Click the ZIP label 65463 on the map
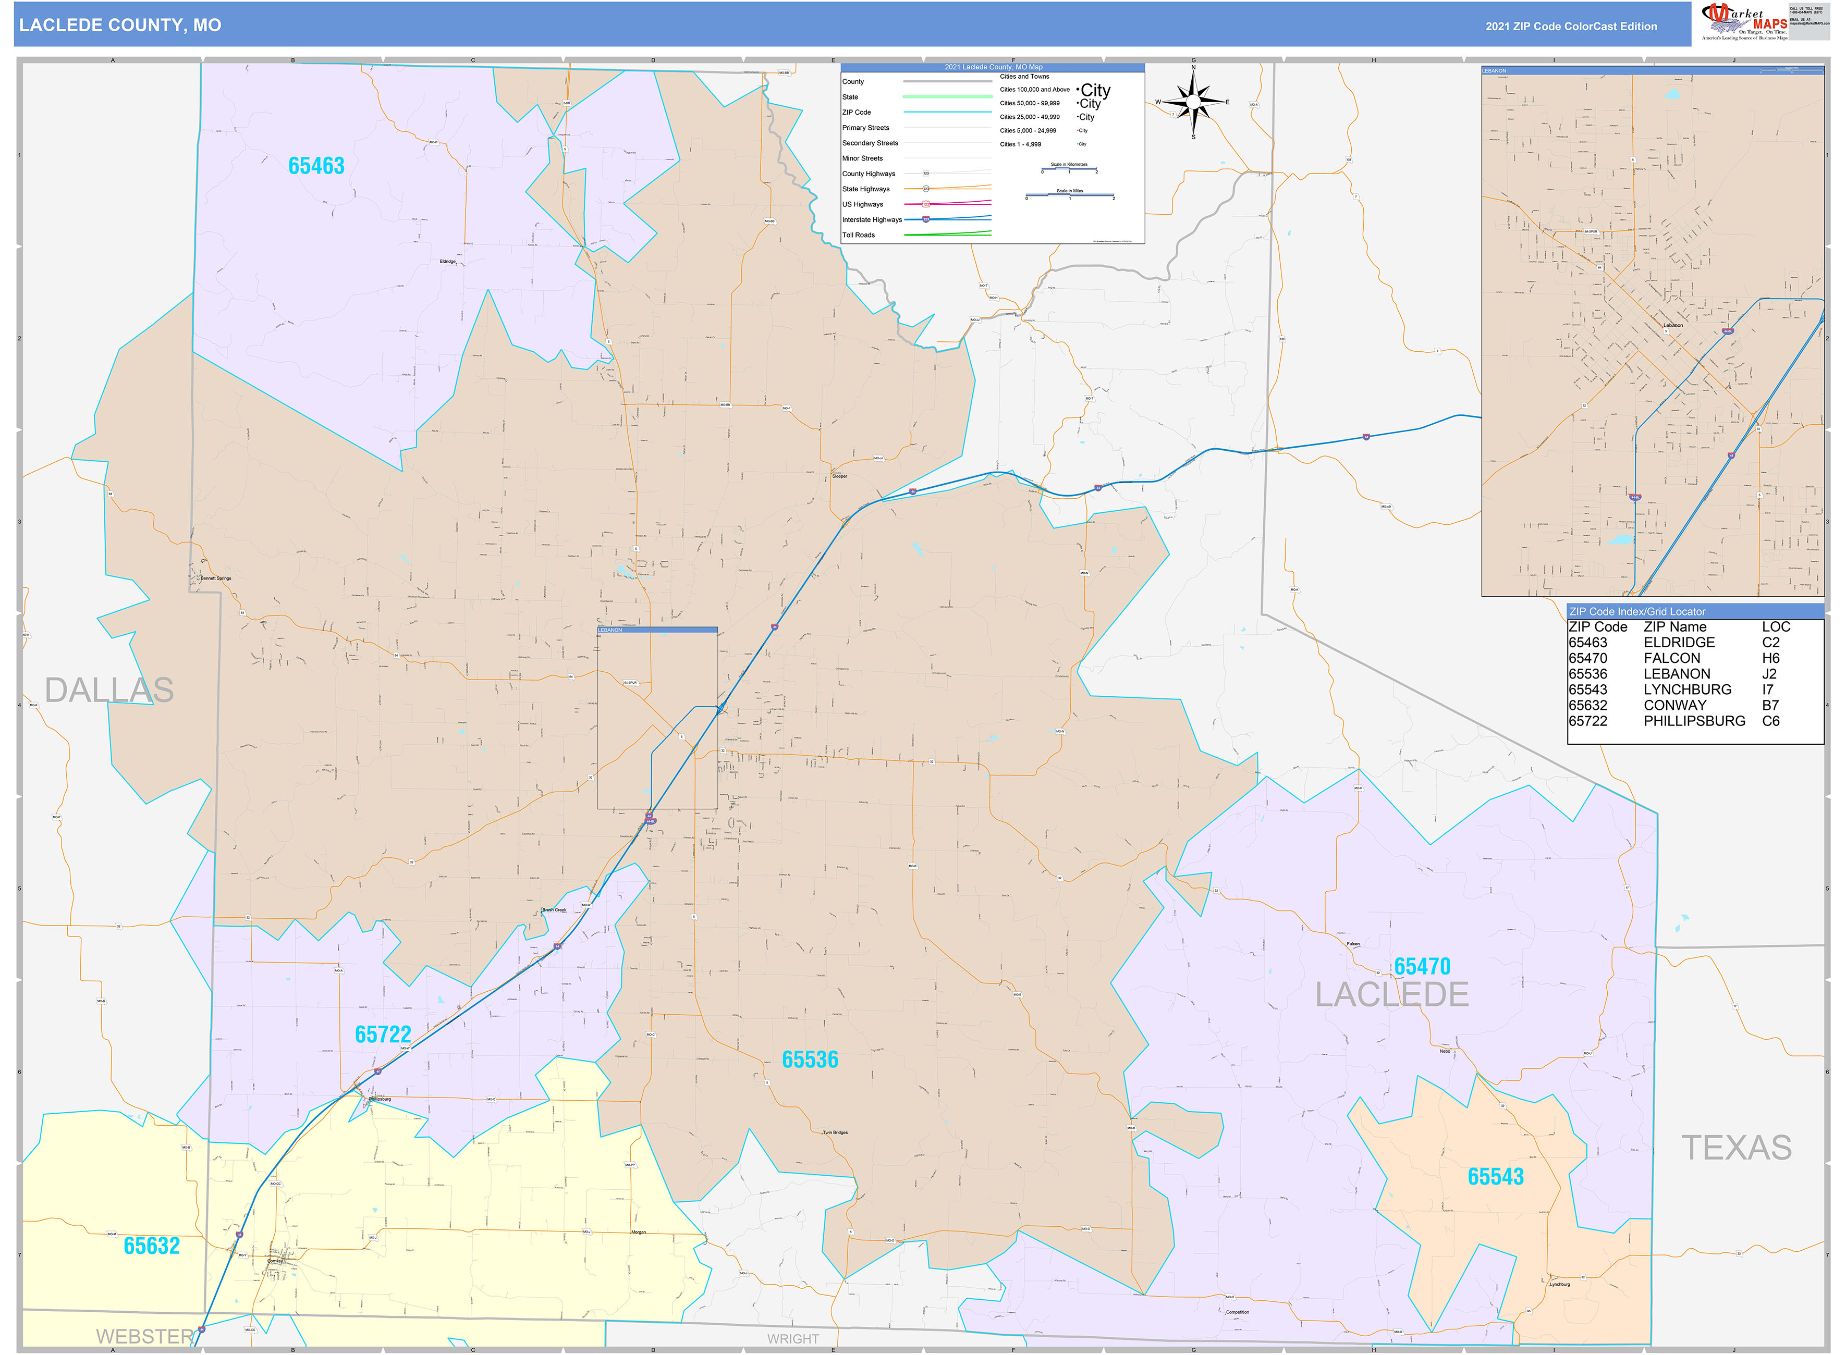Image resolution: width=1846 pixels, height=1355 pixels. [316, 166]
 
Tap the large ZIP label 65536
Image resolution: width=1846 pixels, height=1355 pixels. [810, 1060]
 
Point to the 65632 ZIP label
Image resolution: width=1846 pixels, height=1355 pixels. [151, 1246]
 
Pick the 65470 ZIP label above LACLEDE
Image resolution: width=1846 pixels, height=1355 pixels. [1422, 967]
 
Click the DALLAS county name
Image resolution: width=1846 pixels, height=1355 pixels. [108, 691]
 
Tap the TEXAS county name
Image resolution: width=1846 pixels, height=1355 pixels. [1736, 1148]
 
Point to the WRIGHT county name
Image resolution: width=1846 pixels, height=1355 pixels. [792, 1339]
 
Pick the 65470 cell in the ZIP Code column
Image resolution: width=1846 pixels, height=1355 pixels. [1587, 659]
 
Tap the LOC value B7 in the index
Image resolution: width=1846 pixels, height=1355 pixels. [1770, 706]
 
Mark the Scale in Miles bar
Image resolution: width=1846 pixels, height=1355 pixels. [1069, 195]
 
